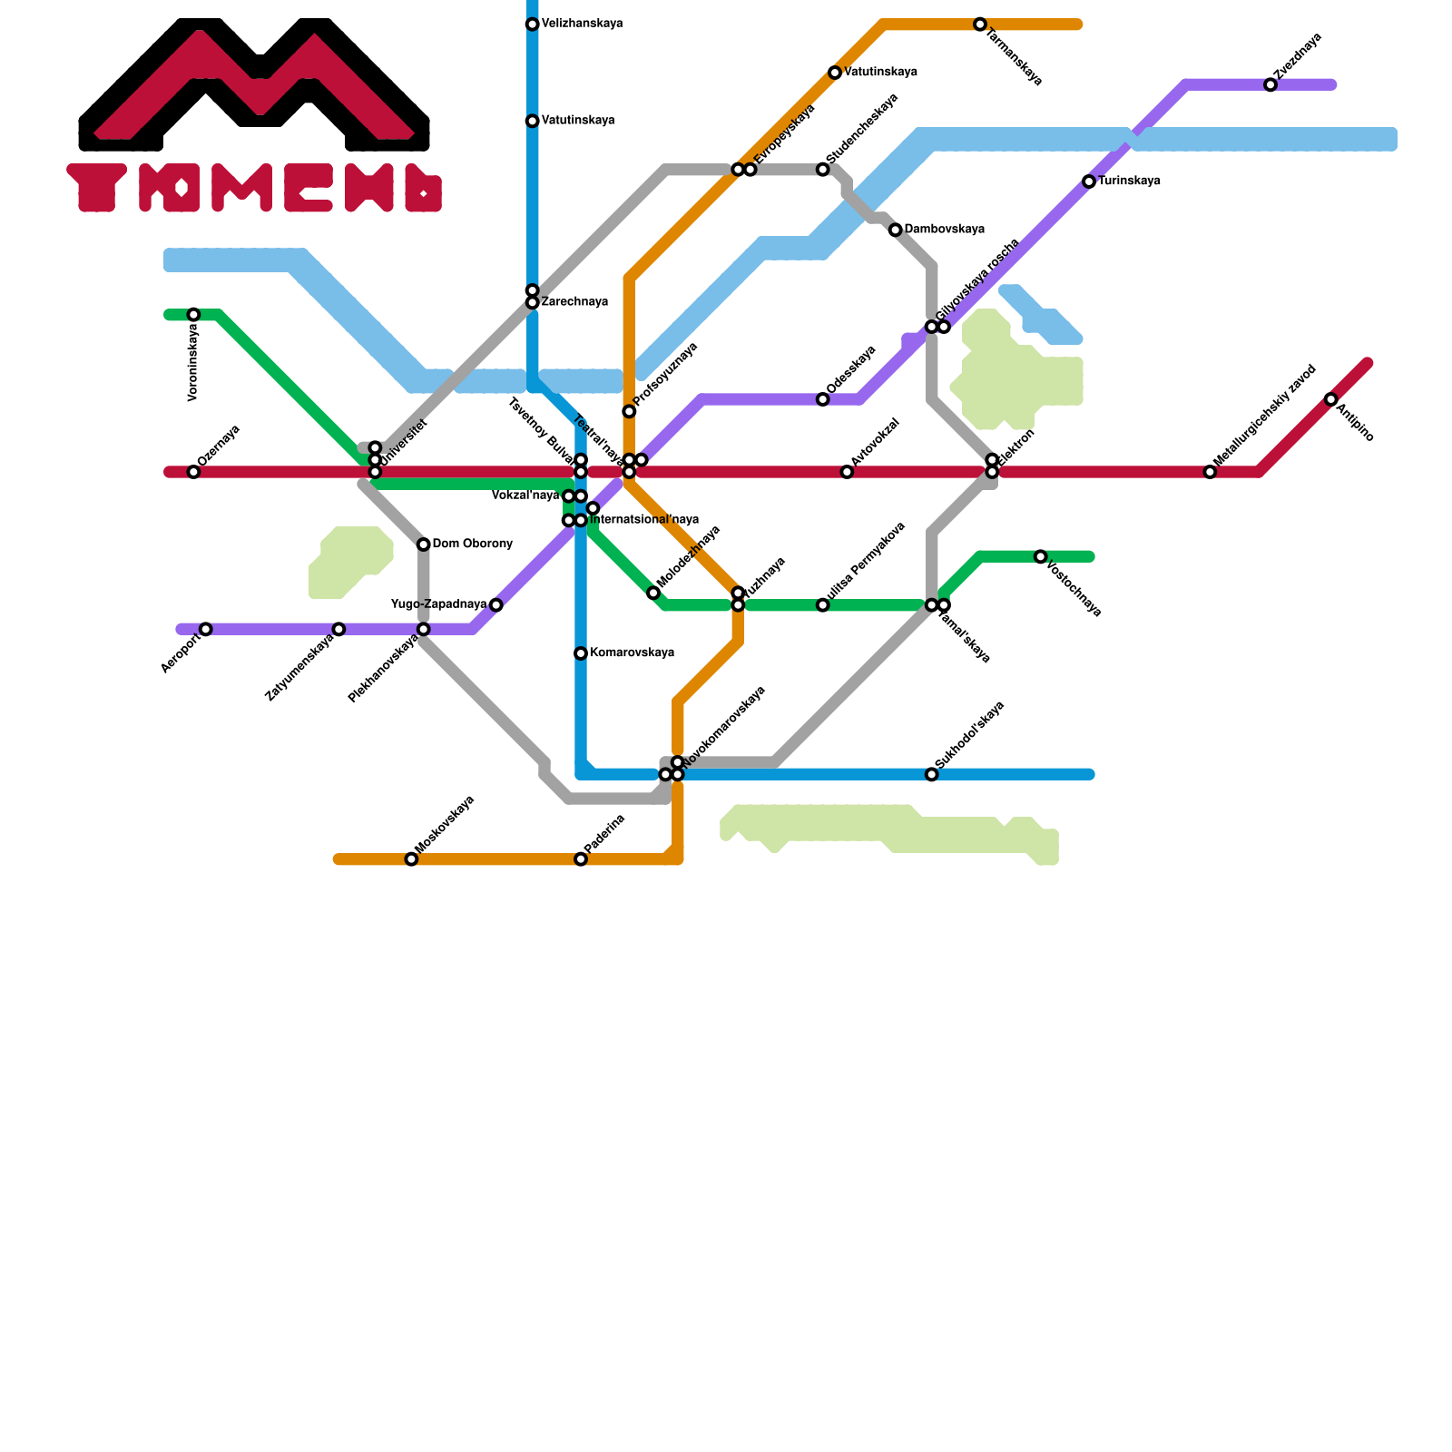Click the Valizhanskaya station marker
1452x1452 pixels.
click(x=533, y=25)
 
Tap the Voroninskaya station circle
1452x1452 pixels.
click(x=193, y=315)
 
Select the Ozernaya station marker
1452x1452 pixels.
click(x=193, y=472)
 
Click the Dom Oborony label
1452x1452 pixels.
click(x=472, y=544)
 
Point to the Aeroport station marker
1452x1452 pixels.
click(x=206, y=629)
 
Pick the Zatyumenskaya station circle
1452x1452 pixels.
click(x=338, y=629)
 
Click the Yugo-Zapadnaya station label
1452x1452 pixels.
click(x=438, y=604)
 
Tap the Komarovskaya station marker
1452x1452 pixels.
click(x=581, y=653)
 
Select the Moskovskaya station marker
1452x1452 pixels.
click(x=411, y=859)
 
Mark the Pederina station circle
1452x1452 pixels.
click(x=581, y=859)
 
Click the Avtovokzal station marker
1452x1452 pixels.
click(x=847, y=472)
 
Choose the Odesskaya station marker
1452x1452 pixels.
click(x=823, y=399)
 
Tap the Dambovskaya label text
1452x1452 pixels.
click(x=944, y=230)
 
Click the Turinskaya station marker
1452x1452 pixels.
click(x=1089, y=181)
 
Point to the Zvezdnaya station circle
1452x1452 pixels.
click(x=1270, y=84)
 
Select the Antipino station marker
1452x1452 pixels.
click(x=1331, y=399)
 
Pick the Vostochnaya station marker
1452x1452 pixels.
click(x=1041, y=556)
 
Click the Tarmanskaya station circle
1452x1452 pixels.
click(x=980, y=25)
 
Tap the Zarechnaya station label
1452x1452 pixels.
click(x=574, y=302)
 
